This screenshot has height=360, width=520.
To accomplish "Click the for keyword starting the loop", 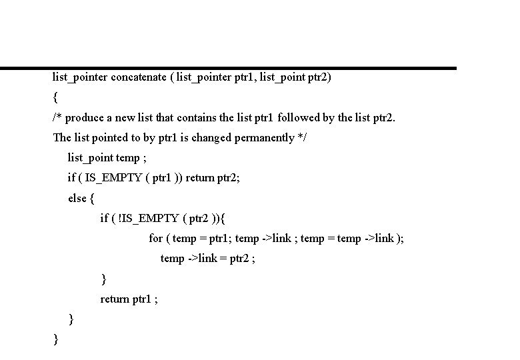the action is coord(155,238).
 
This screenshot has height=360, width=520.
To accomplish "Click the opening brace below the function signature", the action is coord(55,97).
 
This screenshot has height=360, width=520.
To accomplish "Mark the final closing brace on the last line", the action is coord(55,339).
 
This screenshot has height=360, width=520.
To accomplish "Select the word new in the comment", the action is coord(125,118).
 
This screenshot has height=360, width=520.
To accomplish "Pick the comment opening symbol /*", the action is coord(57,118).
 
